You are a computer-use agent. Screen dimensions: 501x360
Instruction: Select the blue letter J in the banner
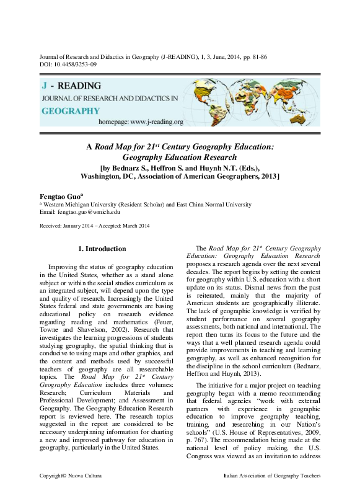45,85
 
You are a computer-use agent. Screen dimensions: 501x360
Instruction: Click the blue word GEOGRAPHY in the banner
71,111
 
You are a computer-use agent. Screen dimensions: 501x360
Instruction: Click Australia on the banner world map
309,114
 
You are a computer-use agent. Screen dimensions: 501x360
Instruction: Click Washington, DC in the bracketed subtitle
110,176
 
